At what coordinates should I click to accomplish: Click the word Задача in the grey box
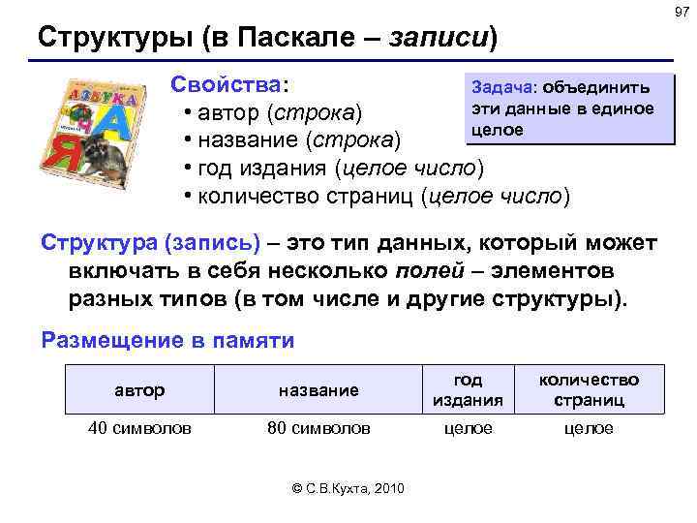point(498,89)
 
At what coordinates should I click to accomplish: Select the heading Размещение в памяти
point(167,340)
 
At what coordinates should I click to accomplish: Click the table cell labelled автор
point(140,390)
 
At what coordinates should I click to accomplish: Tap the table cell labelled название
point(318,390)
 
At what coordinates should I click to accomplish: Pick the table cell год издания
point(469,390)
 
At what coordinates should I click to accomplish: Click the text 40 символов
point(139,428)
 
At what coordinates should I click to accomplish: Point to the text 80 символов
point(318,428)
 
